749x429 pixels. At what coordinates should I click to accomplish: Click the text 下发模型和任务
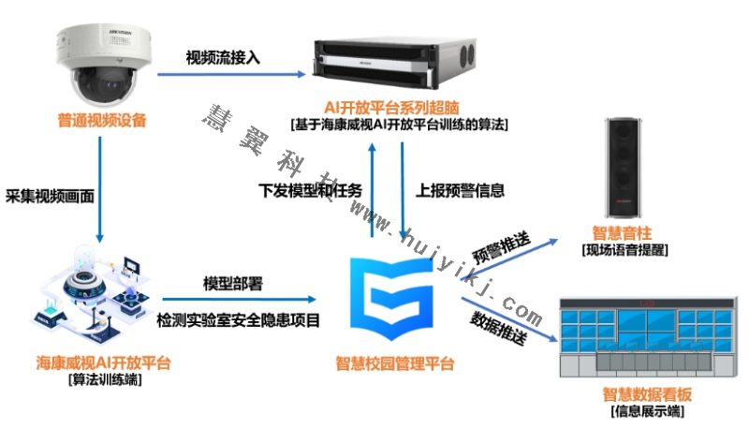tap(310, 190)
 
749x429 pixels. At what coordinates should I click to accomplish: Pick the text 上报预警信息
tap(460, 190)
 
